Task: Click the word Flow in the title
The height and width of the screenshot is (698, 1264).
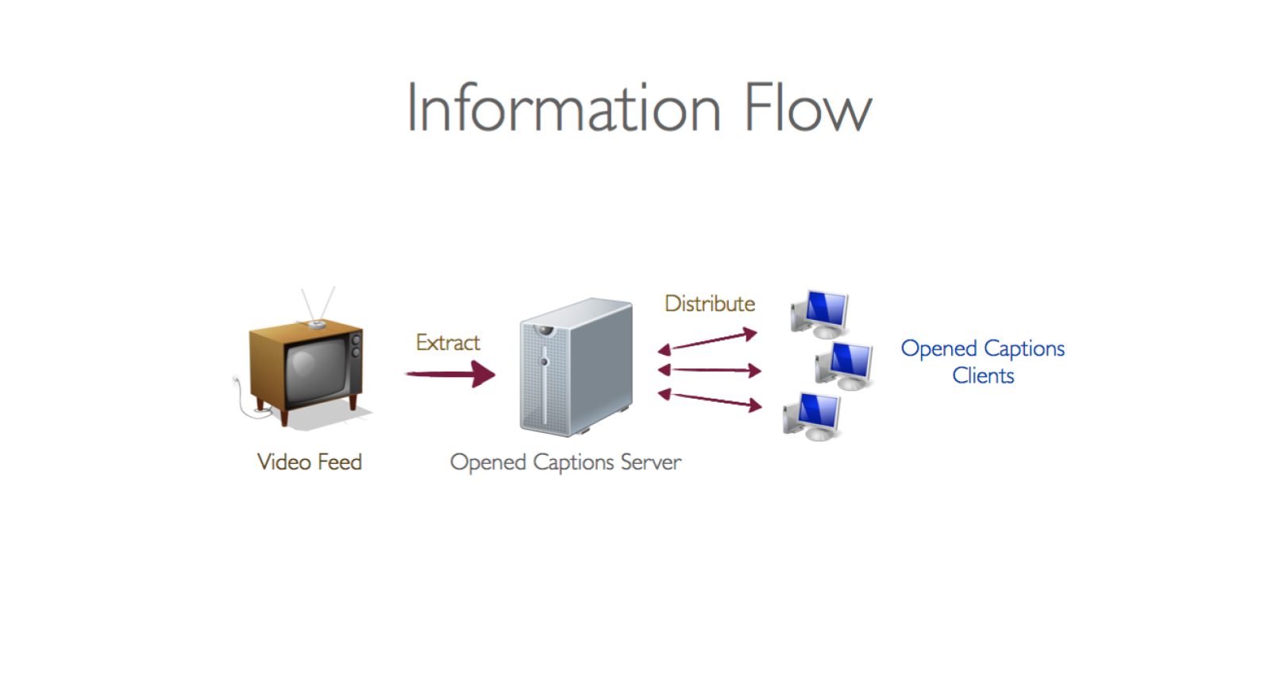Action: pos(807,108)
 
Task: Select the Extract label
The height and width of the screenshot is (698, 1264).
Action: pos(448,342)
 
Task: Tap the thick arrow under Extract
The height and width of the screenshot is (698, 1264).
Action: pos(450,373)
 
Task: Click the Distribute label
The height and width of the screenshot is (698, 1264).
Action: pos(710,303)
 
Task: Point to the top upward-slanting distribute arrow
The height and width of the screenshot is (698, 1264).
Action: pos(707,341)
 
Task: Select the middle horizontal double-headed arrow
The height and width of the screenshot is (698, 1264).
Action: pos(709,370)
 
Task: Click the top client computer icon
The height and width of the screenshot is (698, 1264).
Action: pos(821,313)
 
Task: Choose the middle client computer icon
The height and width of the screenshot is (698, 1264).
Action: pos(846,365)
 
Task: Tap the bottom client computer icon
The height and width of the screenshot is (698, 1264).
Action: pos(812,416)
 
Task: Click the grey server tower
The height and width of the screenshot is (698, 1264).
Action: pos(576,367)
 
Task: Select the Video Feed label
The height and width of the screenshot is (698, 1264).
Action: pos(310,462)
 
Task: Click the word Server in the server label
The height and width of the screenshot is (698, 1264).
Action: pos(651,462)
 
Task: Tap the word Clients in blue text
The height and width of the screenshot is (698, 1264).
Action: pos(983,376)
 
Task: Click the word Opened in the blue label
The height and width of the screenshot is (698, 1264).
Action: pos(938,349)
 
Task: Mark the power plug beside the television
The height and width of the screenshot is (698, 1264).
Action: pos(237,383)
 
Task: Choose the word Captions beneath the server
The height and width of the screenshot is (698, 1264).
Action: pos(573,462)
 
